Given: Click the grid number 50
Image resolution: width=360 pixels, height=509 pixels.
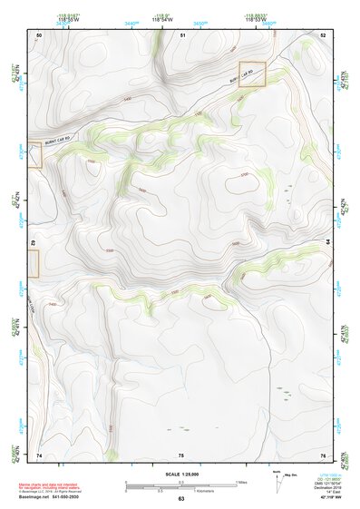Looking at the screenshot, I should coord(39,34).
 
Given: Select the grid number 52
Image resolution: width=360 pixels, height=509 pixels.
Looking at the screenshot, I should coord(323,34).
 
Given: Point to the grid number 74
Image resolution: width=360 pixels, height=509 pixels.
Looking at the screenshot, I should coord(39,454).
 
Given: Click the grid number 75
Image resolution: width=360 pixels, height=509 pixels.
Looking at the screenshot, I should coord(181,454).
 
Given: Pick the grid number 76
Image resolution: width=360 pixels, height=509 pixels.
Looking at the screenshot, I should coord(323,454).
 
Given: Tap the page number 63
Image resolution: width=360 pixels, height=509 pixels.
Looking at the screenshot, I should coord(181,499).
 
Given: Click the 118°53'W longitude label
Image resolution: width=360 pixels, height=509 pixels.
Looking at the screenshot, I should coord(257,17).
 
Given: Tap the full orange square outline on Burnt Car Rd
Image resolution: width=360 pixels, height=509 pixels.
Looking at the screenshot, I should coord(252,74).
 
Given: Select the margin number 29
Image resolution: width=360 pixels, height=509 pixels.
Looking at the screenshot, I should coord(33,242).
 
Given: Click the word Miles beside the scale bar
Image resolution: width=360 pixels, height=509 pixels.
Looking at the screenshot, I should coord(241,481).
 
